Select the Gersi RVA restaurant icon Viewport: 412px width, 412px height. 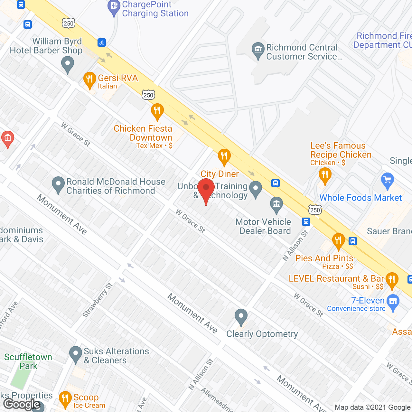[x=89, y=79]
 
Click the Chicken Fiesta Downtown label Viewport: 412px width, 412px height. [x=143, y=133]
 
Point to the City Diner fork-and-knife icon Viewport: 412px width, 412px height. [x=224, y=156]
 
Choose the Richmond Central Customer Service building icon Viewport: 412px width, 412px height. [x=258, y=50]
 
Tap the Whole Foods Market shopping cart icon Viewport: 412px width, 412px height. [x=388, y=180]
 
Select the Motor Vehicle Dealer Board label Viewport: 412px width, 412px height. [x=263, y=226]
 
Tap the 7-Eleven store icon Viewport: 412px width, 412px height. [x=393, y=302]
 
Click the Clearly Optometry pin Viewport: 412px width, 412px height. [x=241, y=316]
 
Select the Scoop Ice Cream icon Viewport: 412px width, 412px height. [x=65, y=399]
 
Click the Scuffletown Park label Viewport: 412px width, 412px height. [x=28, y=361]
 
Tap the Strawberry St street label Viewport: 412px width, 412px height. [x=98, y=300]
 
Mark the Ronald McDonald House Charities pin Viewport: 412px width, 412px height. [x=58, y=184]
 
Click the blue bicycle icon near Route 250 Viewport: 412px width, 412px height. [x=102, y=42]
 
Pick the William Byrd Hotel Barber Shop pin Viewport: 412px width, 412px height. [x=68, y=63]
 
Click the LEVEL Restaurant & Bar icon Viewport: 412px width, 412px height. [x=392, y=279]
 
